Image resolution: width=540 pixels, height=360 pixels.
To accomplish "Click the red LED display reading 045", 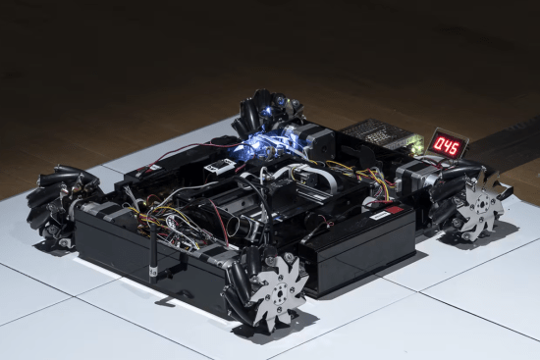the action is coord(448,145).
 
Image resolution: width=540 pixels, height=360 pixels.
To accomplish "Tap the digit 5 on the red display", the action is coord(455,148).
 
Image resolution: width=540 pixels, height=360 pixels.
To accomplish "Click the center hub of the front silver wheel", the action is coord(279,294).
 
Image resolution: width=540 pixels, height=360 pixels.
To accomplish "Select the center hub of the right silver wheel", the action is coord(482,205).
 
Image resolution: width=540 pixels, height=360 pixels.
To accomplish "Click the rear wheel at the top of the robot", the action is coord(265,110).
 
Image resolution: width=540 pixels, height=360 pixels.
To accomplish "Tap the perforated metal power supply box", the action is coord(381,133).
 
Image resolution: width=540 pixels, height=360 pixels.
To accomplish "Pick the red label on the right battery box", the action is coord(395,210).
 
